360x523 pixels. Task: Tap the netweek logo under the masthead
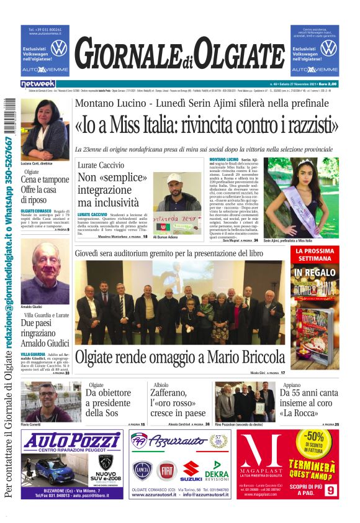(x=38, y=84)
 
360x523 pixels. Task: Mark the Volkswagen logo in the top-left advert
(x=58, y=48)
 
